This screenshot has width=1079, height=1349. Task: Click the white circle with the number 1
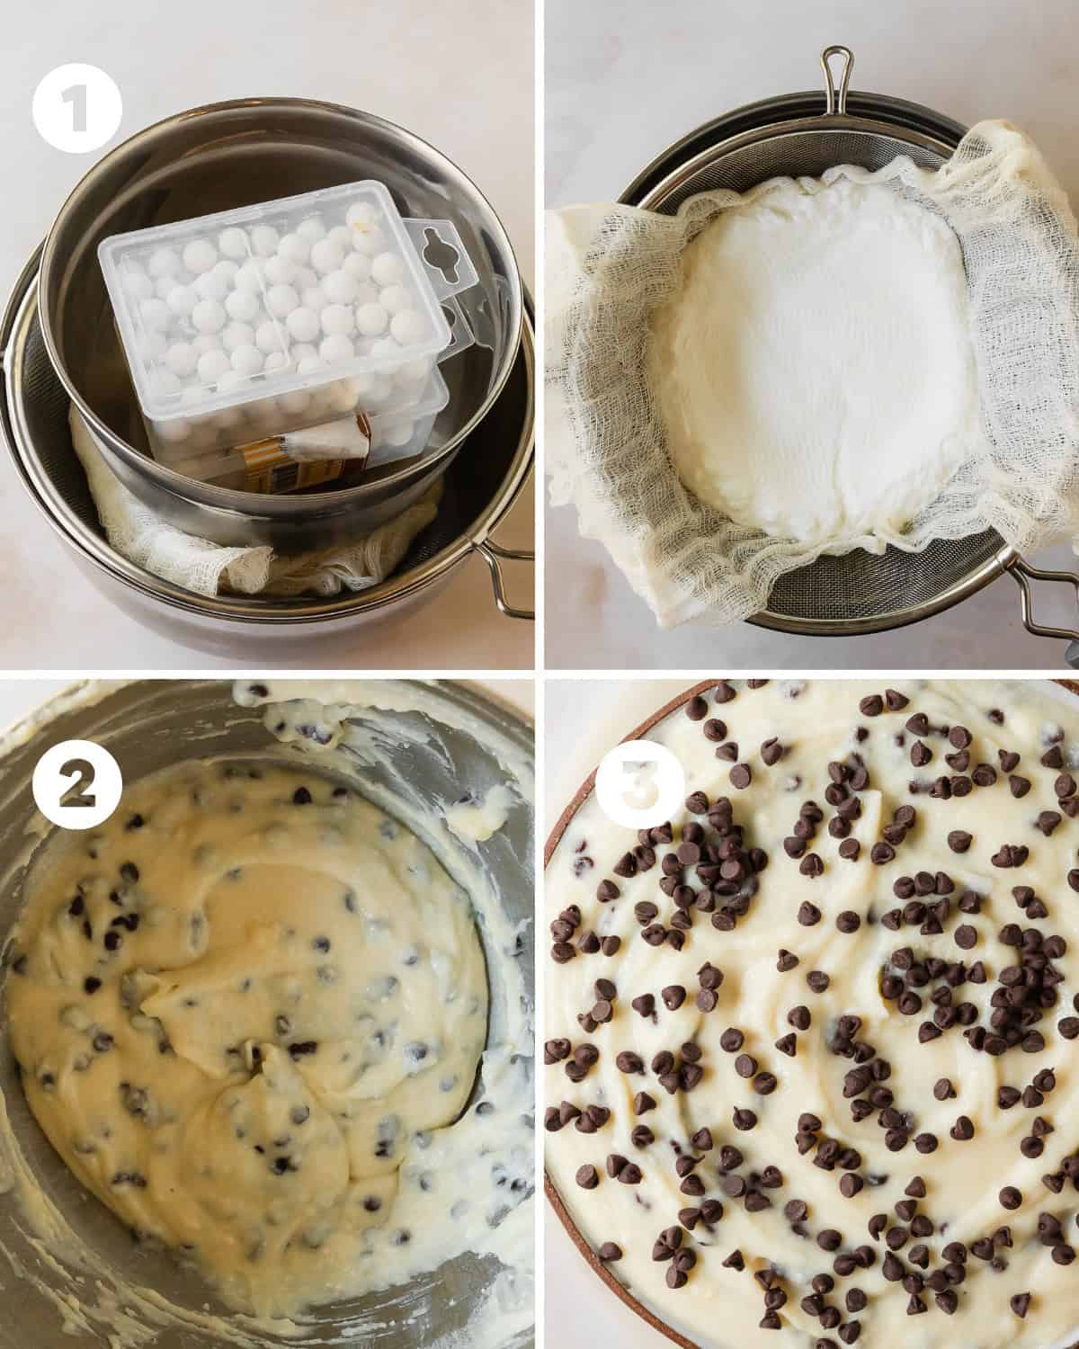pyautogui.click(x=76, y=112)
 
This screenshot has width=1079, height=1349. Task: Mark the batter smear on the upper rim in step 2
pyautogui.click(x=295, y=715)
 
